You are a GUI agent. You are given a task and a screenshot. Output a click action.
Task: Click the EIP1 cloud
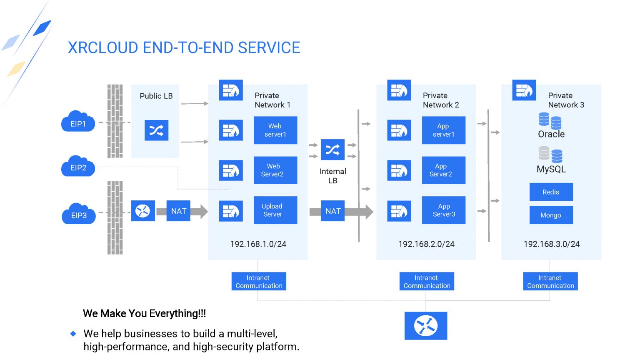78,122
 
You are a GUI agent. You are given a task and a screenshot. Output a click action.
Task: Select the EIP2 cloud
78,167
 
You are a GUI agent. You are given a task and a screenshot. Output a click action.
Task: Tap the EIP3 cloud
78,215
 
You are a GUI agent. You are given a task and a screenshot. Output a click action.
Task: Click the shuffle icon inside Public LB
156,130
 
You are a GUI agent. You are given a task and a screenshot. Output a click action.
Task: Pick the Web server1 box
275,130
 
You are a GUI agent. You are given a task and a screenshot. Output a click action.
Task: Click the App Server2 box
443,170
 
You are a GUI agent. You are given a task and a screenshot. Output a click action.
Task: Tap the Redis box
551,192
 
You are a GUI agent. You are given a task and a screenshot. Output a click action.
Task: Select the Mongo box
551,215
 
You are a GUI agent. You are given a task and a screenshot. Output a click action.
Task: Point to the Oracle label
551,134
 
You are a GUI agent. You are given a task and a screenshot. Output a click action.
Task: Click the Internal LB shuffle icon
332,150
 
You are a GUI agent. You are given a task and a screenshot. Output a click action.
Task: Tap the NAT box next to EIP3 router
178,211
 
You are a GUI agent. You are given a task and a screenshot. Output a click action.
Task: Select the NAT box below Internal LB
332,211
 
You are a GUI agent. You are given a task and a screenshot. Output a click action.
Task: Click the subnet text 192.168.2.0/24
426,244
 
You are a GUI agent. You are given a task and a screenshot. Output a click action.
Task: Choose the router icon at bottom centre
425,326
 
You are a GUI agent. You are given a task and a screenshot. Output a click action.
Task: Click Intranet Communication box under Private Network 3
550,282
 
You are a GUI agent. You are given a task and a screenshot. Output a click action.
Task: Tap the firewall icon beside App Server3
399,211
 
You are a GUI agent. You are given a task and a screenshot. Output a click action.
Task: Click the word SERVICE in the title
269,48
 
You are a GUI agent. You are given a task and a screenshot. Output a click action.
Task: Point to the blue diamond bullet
73,333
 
